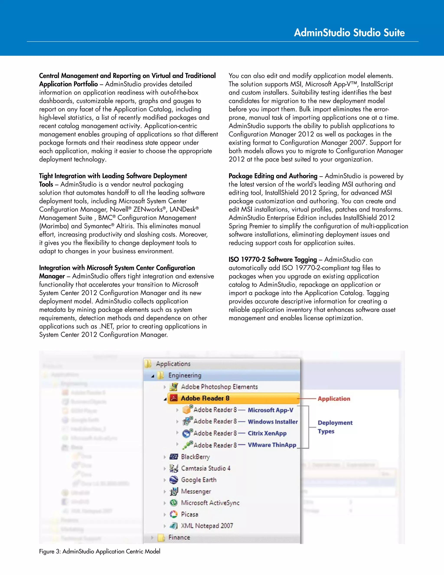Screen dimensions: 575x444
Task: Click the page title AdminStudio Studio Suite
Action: (349, 33)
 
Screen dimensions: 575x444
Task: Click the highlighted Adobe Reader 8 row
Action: (205, 398)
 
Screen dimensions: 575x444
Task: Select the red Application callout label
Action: (334, 399)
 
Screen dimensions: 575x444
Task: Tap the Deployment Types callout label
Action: (335, 427)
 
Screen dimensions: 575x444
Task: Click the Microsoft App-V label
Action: (270, 410)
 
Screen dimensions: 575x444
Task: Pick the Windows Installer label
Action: (273, 422)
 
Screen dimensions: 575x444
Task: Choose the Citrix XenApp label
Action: (267, 433)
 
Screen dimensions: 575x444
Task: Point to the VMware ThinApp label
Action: (272, 445)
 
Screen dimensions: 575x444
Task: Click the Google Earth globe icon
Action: (174, 480)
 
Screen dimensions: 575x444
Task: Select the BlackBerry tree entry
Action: (195, 457)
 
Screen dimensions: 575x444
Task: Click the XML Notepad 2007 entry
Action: (207, 526)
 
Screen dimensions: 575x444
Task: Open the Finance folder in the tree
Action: (179, 537)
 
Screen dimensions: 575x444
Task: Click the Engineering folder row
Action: (185, 375)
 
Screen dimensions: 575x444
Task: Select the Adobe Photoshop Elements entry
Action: (219, 387)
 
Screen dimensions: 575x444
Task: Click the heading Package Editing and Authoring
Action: (273, 176)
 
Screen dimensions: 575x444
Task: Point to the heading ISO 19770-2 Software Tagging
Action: (273, 259)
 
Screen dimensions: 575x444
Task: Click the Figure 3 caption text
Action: (100, 551)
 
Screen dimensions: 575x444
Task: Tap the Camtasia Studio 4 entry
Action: (206, 468)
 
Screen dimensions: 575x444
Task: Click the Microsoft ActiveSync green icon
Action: (174, 503)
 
